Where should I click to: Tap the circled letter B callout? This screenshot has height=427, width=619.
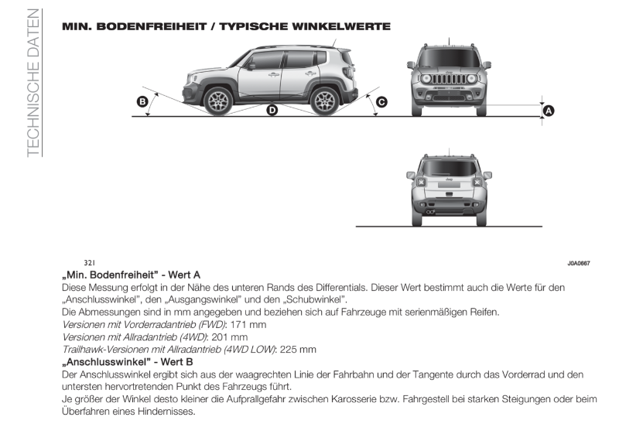pyautogui.click(x=142, y=101)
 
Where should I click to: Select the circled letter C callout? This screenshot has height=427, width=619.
pyautogui.click(x=381, y=101)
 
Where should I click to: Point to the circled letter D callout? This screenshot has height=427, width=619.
pyautogui.click(x=272, y=111)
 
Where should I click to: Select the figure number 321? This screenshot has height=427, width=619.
pyautogui.click(x=89, y=263)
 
